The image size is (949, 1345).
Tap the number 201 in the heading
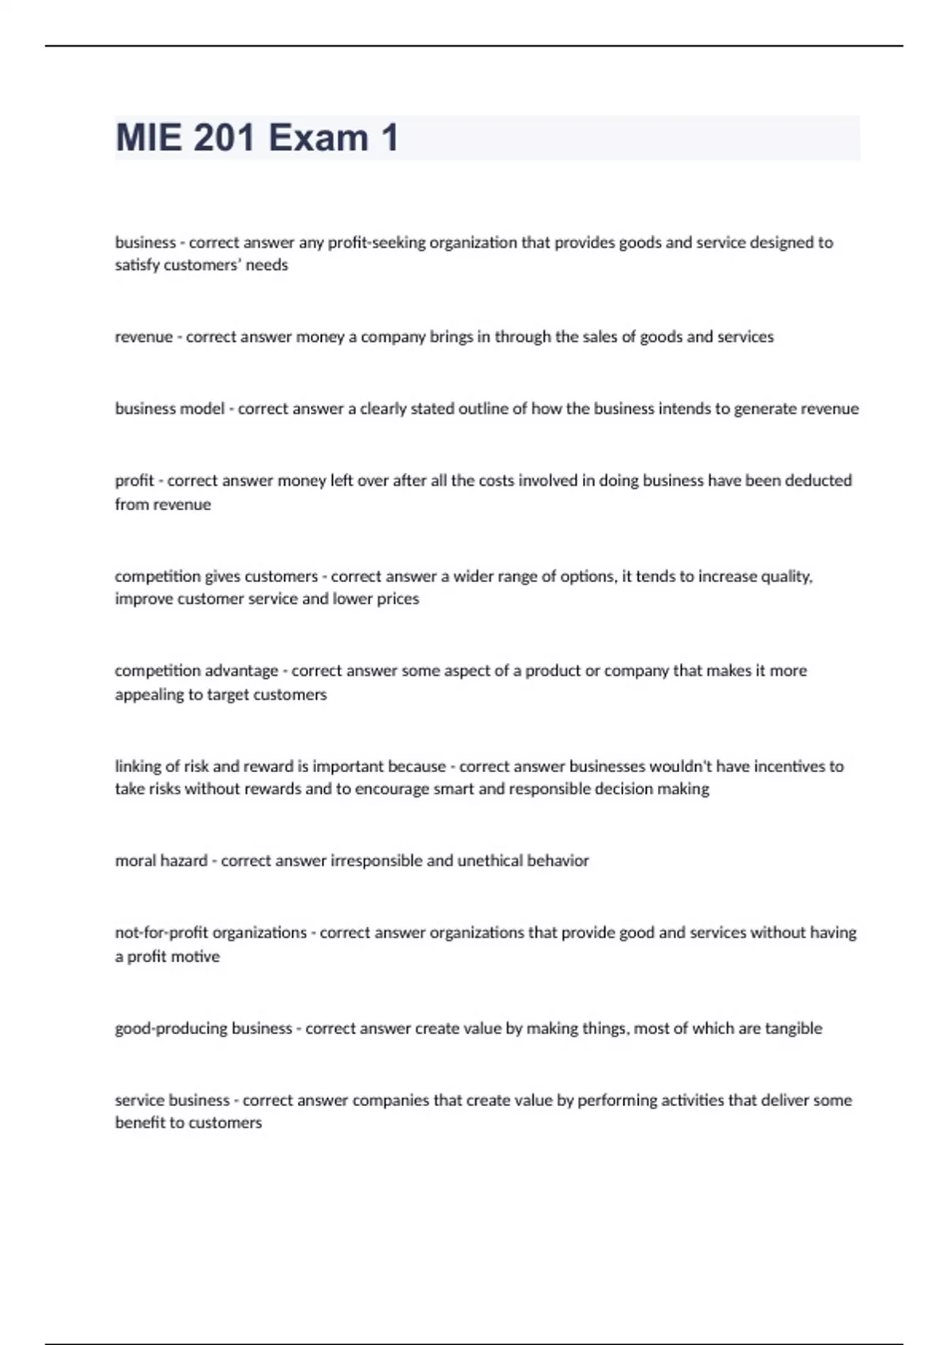223,138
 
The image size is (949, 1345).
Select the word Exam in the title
319,138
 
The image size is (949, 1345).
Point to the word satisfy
137,265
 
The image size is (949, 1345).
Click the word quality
786,576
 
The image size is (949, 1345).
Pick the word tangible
793,1029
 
